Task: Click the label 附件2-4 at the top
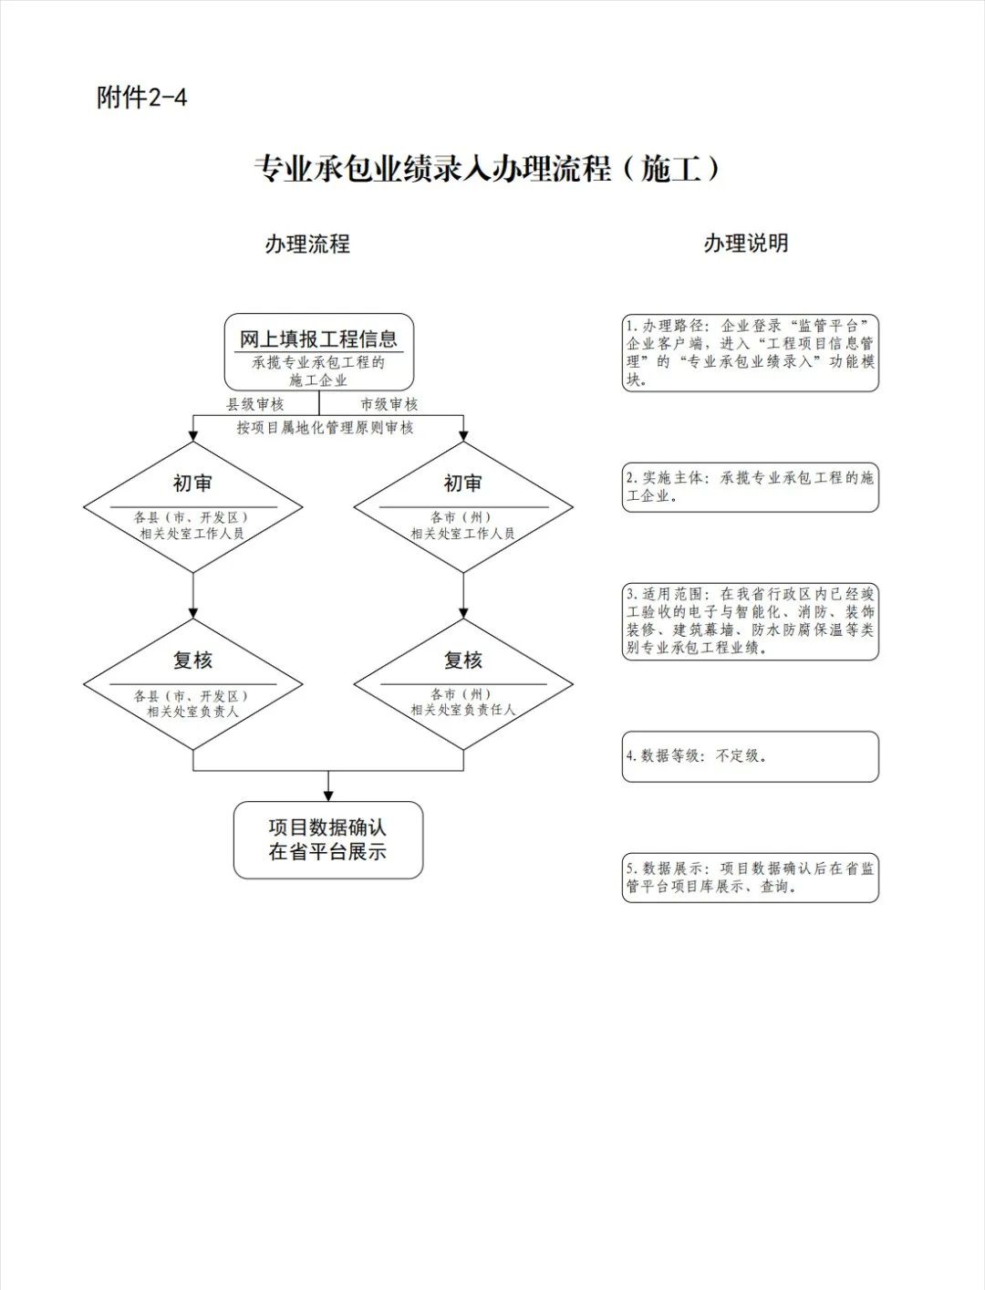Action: click(141, 97)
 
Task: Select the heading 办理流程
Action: click(307, 244)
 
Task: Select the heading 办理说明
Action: click(745, 244)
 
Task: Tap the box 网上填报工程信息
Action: click(318, 352)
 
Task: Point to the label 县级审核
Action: click(254, 404)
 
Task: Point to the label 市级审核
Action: click(389, 404)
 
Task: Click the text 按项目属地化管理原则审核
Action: click(326, 427)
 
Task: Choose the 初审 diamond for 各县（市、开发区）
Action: click(192, 506)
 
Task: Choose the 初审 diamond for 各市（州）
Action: click(463, 506)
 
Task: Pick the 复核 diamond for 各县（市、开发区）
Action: click(192, 683)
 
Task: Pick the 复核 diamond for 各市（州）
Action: click(463, 683)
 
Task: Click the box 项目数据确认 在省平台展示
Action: click(327, 840)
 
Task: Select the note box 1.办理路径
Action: click(750, 353)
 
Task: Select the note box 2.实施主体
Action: click(750, 487)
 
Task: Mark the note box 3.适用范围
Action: click(750, 620)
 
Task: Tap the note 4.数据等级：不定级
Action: click(750, 755)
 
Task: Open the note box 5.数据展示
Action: click(750, 877)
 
